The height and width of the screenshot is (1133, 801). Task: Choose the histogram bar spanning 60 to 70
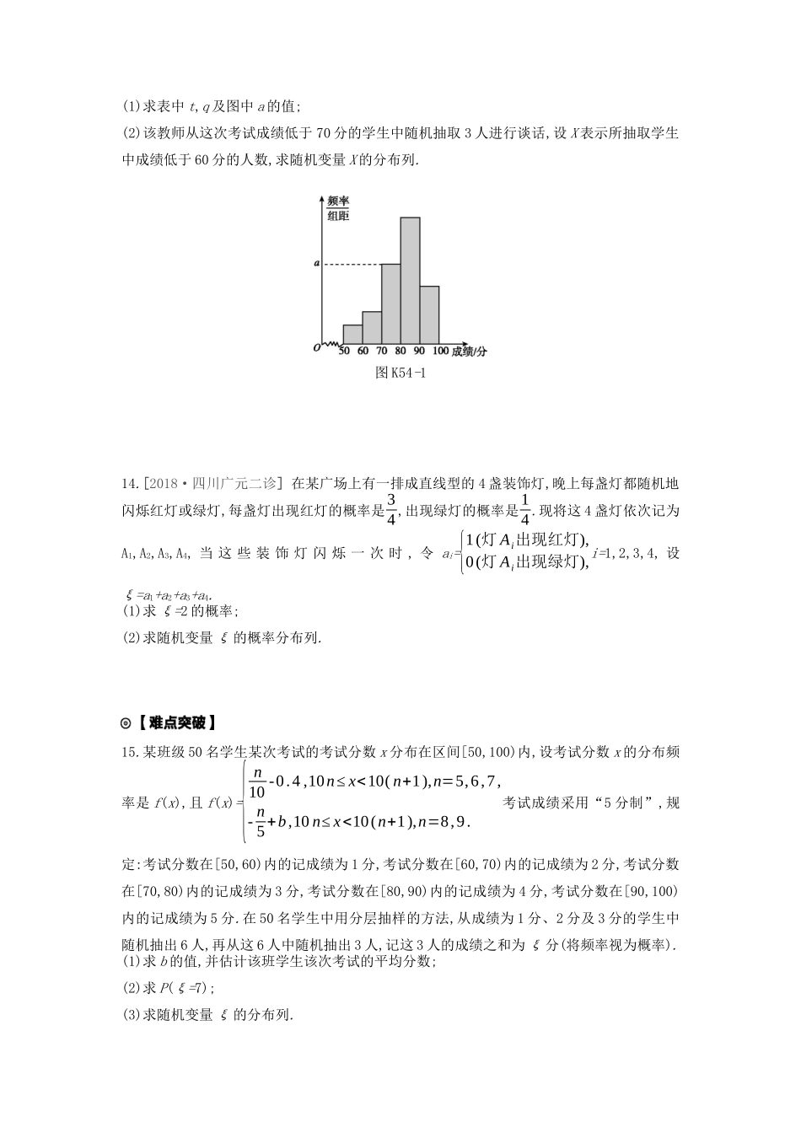(x=372, y=327)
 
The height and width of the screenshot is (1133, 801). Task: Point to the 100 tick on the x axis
(x=440, y=351)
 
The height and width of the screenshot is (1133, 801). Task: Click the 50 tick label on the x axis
(x=344, y=351)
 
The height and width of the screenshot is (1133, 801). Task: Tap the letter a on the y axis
(x=316, y=264)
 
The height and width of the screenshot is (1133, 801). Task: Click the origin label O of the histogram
(x=316, y=347)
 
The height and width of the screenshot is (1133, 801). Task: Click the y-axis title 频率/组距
(x=338, y=208)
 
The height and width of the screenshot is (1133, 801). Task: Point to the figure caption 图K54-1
(x=400, y=373)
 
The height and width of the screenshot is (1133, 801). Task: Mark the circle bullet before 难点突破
(x=126, y=722)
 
